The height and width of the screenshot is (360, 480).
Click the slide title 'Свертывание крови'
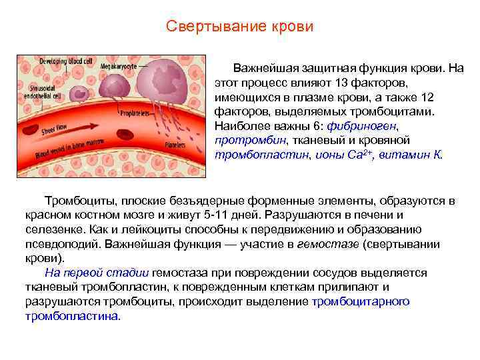coord(239,27)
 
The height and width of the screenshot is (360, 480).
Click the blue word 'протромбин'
coord(250,140)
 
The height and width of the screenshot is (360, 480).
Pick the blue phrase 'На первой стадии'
coord(97,273)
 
